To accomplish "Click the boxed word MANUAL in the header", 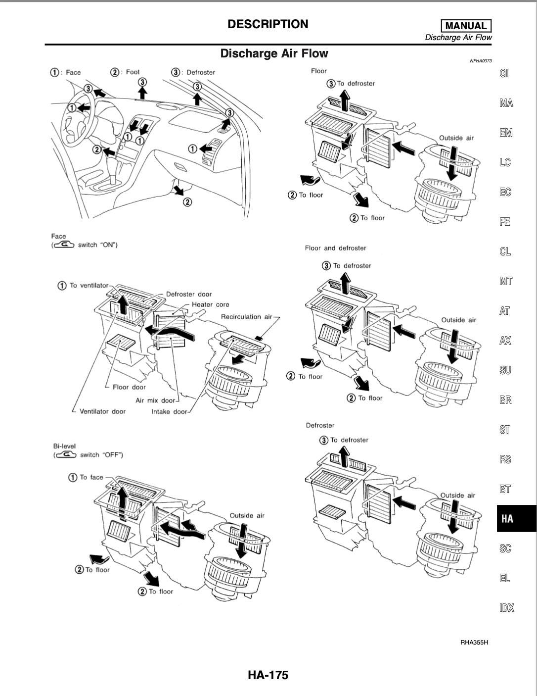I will tap(466, 26).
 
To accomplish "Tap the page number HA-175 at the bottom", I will tap(268, 675).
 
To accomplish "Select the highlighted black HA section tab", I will tap(508, 518).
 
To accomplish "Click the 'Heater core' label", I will tap(210, 304).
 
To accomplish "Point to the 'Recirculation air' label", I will tap(246, 317).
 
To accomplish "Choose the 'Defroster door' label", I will tap(188, 294).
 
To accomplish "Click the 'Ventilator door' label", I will tap(102, 411).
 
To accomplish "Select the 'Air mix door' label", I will tap(155, 400).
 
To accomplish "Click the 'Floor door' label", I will tap(129, 387).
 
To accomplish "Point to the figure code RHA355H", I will tap(474, 643).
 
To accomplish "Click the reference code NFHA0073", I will tap(481, 61).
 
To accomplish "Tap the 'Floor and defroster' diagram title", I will tap(335, 248).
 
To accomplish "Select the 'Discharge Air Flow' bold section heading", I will tap(274, 53).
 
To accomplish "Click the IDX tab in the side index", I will tap(507, 607).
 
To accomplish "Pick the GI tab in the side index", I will tap(504, 73).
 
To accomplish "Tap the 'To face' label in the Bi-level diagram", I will tap(91, 477).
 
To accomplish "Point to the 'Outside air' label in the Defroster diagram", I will tap(457, 495).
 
